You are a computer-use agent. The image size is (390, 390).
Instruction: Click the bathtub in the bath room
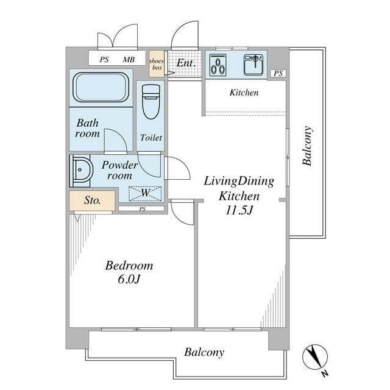point(101,87)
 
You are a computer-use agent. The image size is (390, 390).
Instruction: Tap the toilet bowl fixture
point(151,102)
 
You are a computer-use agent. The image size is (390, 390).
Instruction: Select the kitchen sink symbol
point(253,65)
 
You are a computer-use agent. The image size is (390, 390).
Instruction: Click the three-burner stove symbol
point(218,65)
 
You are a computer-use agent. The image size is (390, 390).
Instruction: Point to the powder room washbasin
point(81,171)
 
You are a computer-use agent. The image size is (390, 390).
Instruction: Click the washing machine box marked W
point(145,194)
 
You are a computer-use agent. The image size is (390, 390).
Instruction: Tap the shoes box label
point(157,64)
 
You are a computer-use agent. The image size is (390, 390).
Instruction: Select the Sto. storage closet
point(92,200)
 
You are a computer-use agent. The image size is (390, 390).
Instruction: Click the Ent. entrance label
point(186,63)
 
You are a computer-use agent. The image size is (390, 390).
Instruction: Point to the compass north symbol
point(315,358)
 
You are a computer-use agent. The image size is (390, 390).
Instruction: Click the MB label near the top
point(129,60)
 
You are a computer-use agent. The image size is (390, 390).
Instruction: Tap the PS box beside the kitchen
point(278,73)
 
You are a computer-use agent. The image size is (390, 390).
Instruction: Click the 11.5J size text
point(239,210)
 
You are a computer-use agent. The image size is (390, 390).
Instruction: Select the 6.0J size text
point(129,279)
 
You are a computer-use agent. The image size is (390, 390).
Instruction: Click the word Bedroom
point(129,266)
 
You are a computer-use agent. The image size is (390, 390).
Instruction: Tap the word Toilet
point(151,138)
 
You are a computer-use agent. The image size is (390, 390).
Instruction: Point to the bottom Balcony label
point(204,352)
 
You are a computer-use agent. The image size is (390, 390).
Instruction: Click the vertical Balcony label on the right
point(307,146)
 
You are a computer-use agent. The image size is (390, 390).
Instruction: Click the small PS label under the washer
point(142,209)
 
